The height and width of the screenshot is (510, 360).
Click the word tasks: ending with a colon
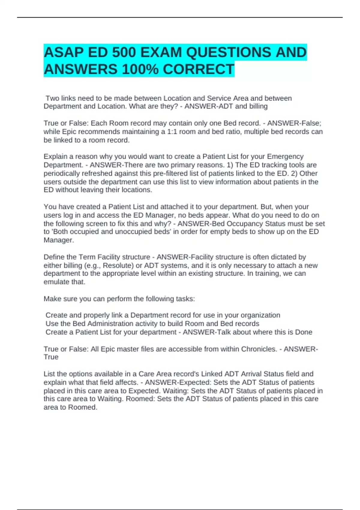[185, 299]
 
